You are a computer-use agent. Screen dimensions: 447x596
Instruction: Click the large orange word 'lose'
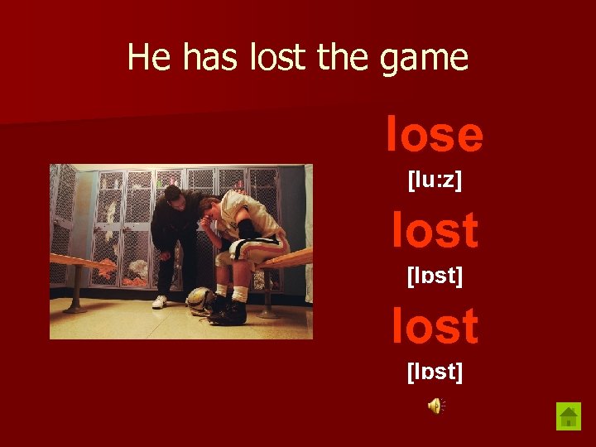click(435, 135)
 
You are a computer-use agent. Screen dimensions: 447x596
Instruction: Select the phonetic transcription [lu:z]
click(435, 180)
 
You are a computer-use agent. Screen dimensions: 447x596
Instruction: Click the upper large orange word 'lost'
click(435, 230)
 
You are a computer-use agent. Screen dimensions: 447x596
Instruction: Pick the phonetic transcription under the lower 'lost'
click(435, 372)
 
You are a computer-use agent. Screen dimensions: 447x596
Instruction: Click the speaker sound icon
click(435, 405)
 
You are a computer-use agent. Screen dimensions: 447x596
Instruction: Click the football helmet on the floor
click(200, 300)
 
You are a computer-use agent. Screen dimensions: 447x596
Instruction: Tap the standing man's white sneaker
click(160, 301)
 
